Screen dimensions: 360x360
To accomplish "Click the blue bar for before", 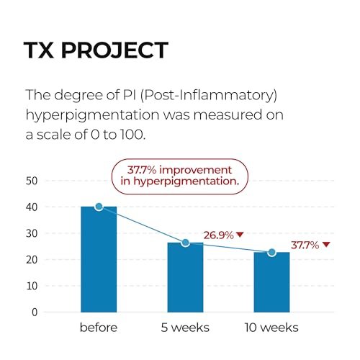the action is tap(99, 259).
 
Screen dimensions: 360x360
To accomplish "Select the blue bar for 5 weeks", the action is tap(185, 277).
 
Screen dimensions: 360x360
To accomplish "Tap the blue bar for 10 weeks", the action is tap(271, 282).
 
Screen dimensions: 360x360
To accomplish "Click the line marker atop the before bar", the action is tap(99, 207).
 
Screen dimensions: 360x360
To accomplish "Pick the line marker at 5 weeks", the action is tap(185, 243).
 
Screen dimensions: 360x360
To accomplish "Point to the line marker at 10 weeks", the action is tap(271, 252).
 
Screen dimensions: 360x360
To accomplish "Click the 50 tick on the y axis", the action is tap(32, 181).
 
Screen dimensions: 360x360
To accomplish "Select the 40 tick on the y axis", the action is tap(32, 207).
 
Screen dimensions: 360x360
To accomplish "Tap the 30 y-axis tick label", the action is tap(32, 233).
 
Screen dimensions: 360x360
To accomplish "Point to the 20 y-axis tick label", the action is tap(32, 260).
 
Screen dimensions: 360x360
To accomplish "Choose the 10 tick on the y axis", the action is tap(32, 286).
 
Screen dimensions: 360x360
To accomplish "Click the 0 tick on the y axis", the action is tap(35, 312).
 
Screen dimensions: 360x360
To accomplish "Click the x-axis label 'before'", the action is tap(99, 328).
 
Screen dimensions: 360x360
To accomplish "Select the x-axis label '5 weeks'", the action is tap(185, 328).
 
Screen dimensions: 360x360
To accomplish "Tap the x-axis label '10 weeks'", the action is tap(271, 328).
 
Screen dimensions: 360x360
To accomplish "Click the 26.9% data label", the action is tap(219, 235).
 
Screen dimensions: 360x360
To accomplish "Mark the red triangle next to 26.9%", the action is tap(240, 234).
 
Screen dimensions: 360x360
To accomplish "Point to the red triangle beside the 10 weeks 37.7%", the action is tap(326, 244).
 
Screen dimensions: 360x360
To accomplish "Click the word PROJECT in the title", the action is tap(114, 50).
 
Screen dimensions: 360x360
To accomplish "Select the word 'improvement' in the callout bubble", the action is tap(195, 170).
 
